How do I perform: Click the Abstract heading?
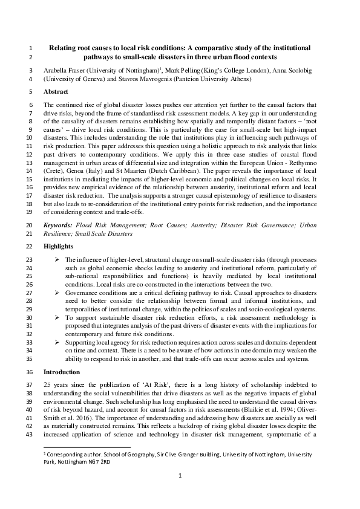click(56, 92)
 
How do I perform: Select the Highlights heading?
click(59, 247)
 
